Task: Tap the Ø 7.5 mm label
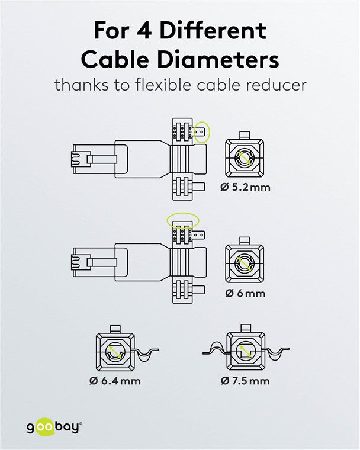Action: click(245, 380)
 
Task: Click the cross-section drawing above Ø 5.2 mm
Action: click(245, 159)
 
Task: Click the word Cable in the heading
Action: click(114, 59)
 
